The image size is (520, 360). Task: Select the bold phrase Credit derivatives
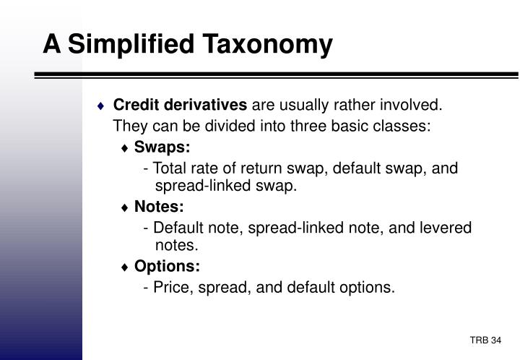180,106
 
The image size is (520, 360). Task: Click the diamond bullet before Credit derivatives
102,106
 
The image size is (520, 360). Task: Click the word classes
404,127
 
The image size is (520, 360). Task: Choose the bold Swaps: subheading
162,147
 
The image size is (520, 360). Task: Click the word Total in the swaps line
170,168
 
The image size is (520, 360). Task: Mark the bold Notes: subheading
159,207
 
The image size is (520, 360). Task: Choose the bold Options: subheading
167,267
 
